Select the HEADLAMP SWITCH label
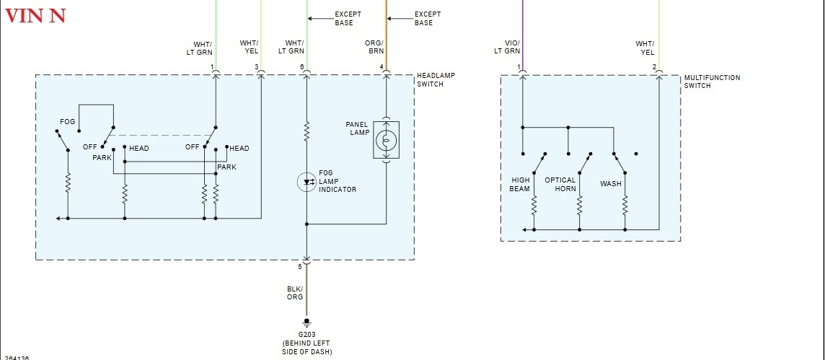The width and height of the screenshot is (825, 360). [436, 80]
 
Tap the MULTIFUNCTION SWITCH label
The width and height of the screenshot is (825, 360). [712, 82]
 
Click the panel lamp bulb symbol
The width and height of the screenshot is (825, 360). [386, 139]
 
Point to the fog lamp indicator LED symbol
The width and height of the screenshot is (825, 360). [306, 183]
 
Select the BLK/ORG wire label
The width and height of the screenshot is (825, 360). [294, 292]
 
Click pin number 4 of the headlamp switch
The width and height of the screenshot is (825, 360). [381, 67]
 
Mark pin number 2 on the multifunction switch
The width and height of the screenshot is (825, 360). [654, 67]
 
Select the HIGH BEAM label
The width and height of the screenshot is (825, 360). [520, 185]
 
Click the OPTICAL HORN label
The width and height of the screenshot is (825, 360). [560, 185]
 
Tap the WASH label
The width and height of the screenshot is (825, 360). [610, 184]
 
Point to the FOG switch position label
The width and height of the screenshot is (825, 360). [68, 122]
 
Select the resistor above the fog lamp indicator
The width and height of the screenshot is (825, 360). [306, 131]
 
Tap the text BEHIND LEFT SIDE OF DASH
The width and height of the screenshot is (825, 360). [306, 348]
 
